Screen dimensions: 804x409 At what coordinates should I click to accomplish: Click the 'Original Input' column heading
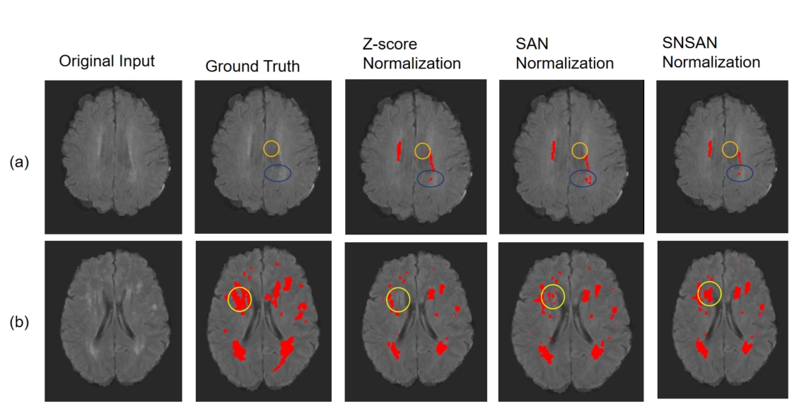pyautogui.click(x=107, y=61)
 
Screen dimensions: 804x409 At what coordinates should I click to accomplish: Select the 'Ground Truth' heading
pyautogui.click(x=252, y=66)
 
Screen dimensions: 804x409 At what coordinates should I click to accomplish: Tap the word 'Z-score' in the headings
pyautogui.click(x=390, y=44)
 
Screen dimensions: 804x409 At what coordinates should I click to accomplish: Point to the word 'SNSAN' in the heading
pyautogui.click(x=689, y=42)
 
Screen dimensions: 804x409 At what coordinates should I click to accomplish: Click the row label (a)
pyautogui.click(x=20, y=162)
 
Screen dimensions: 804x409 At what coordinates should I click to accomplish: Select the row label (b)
pyautogui.click(x=20, y=324)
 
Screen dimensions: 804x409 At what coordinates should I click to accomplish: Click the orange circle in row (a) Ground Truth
pyautogui.click(x=264, y=148)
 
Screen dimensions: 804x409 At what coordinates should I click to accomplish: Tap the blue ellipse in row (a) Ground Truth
pyautogui.click(x=264, y=173)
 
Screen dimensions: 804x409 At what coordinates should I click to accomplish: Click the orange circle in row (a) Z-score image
pyautogui.click(x=415, y=150)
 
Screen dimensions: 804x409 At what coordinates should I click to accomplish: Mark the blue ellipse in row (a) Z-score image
pyautogui.click(x=417, y=178)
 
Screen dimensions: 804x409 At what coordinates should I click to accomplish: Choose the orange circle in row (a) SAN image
pyautogui.click(x=572, y=150)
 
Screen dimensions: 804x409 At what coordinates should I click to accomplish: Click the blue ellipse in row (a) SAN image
pyautogui.click(x=570, y=178)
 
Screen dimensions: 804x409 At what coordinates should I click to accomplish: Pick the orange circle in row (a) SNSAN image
pyautogui.click(x=723, y=150)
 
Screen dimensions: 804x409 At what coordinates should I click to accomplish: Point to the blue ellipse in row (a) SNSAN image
pyautogui.click(x=727, y=173)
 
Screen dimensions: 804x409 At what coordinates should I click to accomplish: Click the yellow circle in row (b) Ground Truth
pyautogui.click(x=228, y=300)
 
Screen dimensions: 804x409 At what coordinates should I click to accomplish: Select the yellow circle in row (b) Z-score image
pyautogui.click(x=386, y=300)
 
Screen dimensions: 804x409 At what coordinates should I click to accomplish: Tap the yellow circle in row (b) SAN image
pyautogui.click(x=541, y=296)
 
